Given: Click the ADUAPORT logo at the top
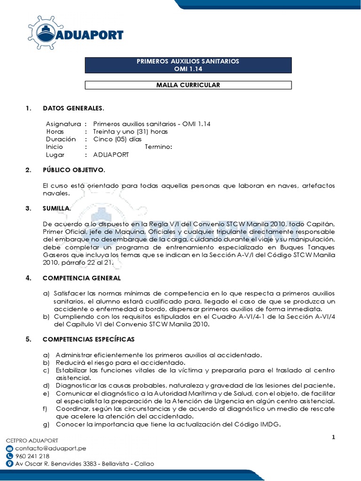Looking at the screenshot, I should coord(75,33).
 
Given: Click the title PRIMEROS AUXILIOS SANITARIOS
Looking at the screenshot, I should coord(188,62).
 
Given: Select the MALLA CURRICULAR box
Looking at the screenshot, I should coord(188,85).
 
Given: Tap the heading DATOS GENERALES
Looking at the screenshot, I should coord(73,109).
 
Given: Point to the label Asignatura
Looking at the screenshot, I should coord(63,124).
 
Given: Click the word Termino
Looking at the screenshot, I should coord(158,147).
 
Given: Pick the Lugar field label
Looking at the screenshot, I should coord(55,155).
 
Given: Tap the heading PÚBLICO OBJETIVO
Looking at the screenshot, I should coord(74,170).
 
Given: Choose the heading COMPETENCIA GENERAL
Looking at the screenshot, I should coord(82,278).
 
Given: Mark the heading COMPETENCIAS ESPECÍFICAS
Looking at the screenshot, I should coord(88,339).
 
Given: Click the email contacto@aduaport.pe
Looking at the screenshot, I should coord(47,449).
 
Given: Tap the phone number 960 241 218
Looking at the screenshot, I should coord(32,456).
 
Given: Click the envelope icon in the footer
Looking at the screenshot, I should coord(9,449).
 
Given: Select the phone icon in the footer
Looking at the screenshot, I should coord(9,456).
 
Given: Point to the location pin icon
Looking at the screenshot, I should coord(9,464).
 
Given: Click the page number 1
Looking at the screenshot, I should coord(333,438).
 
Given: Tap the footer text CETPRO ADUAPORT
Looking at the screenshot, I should coord(32,441).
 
